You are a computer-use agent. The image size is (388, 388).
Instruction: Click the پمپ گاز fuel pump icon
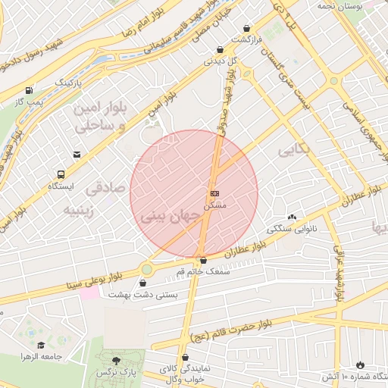29,89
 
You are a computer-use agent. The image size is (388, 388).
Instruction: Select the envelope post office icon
77,155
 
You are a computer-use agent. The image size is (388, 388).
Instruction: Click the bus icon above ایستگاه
61,174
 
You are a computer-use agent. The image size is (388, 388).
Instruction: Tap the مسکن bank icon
214,194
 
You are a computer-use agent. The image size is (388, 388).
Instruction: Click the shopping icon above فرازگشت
247,29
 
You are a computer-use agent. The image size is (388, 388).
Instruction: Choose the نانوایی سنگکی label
286,228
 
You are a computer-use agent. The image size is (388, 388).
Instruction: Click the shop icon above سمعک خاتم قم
202,261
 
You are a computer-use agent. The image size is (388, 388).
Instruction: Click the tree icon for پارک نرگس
115,361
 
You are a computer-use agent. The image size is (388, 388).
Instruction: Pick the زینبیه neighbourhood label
78,210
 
